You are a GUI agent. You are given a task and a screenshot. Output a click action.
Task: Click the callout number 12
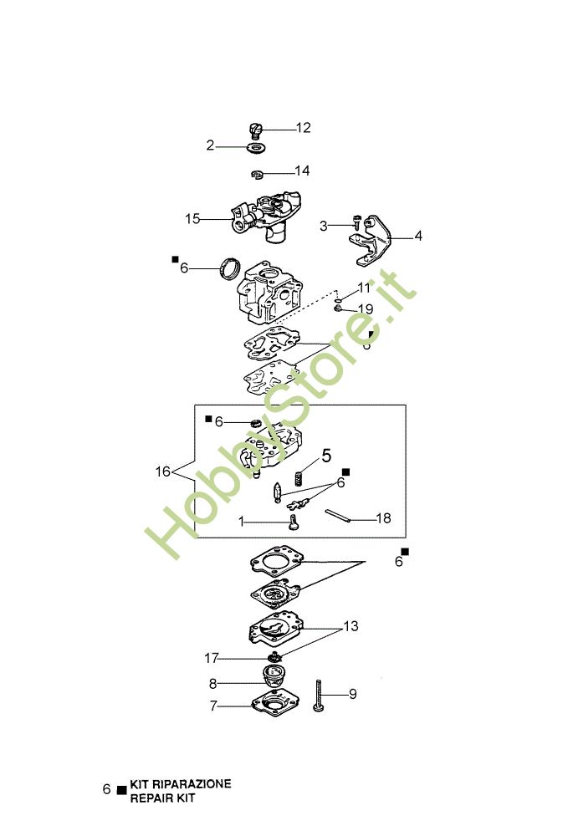point(303,128)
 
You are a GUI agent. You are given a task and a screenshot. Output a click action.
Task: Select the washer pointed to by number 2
point(257,147)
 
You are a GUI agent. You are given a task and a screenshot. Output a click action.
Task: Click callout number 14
point(302,171)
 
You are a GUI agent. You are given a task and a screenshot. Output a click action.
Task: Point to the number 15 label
point(192,218)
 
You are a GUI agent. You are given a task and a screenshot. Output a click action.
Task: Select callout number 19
point(366,309)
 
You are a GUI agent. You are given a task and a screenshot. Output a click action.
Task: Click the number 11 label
point(364,288)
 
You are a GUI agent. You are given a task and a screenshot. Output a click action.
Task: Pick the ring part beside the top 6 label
point(230,268)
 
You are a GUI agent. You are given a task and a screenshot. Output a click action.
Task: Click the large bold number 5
point(326,456)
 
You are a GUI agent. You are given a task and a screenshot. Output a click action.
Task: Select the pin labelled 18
point(338,516)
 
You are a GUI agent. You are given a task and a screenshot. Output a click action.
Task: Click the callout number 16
point(162,472)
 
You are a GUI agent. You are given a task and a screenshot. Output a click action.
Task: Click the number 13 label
point(351,626)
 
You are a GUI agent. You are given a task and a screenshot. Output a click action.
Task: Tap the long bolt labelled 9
point(319,696)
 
